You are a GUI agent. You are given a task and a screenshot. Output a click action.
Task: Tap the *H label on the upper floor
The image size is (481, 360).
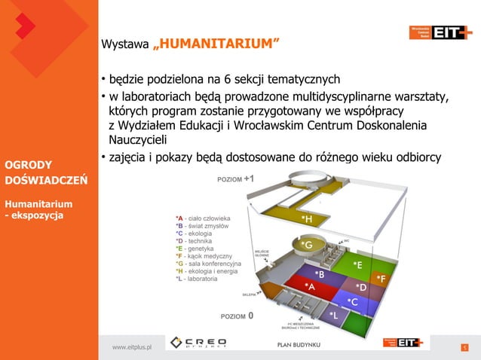[x=307, y=219]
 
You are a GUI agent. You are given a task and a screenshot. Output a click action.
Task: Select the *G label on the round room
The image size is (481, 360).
[x=307, y=246]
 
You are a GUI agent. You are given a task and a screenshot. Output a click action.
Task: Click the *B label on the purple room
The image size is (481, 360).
[x=319, y=274]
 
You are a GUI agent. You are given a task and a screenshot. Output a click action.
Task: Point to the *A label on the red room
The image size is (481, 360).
[x=309, y=287]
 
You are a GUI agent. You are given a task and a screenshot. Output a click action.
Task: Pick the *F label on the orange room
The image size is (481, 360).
[x=381, y=279]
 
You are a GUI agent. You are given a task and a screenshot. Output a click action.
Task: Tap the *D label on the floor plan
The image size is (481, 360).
[x=361, y=288]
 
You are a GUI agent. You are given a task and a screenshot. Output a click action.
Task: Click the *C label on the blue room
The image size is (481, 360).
[x=352, y=302]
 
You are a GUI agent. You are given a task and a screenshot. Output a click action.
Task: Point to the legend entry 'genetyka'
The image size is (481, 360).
[x=198, y=249]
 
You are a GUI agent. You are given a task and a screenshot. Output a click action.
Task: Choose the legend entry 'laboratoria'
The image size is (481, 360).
[x=201, y=279]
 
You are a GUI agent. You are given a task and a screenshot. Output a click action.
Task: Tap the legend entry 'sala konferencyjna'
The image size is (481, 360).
[x=212, y=264]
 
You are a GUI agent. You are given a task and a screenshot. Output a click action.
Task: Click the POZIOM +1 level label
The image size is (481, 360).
[x=235, y=179]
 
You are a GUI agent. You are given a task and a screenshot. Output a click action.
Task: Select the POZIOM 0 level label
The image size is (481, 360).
[x=237, y=316]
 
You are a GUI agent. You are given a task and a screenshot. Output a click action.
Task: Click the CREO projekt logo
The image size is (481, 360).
[x=199, y=343]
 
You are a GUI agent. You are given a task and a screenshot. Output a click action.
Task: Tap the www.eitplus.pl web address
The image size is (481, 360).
[x=132, y=346]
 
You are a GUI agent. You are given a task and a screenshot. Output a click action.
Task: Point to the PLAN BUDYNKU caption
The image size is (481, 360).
[x=299, y=345]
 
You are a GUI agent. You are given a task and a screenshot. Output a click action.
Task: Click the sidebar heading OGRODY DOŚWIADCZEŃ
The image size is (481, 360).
[x=46, y=172]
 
